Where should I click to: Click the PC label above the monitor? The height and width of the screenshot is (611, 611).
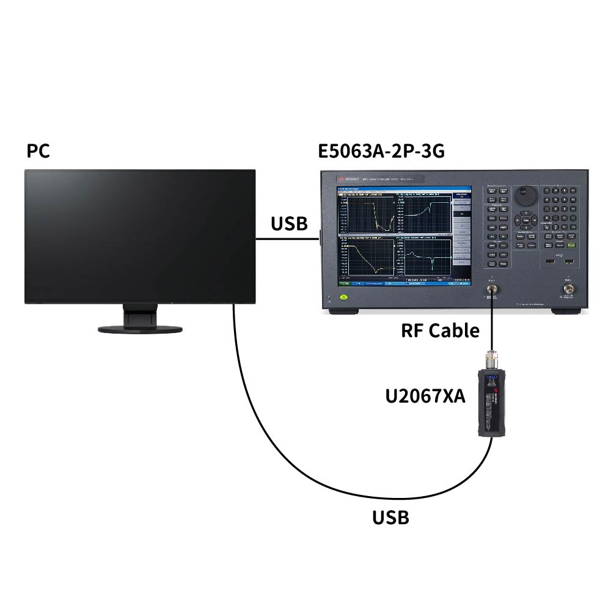(38, 151)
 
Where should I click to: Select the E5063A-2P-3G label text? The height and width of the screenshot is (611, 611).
(381, 151)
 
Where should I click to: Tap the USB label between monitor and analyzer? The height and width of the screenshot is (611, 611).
(289, 224)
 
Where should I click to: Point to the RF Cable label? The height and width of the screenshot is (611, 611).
(440, 331)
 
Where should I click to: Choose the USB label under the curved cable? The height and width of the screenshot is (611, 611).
(390, 518)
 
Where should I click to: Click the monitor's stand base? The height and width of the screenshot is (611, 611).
(140, 329)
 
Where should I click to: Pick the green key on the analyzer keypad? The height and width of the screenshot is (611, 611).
(571, 244)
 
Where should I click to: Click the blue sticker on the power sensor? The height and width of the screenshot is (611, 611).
(489, 384)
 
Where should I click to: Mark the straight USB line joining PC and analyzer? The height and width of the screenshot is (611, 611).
(287, 239)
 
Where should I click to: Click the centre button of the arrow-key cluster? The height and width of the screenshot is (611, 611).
(525, 219)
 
